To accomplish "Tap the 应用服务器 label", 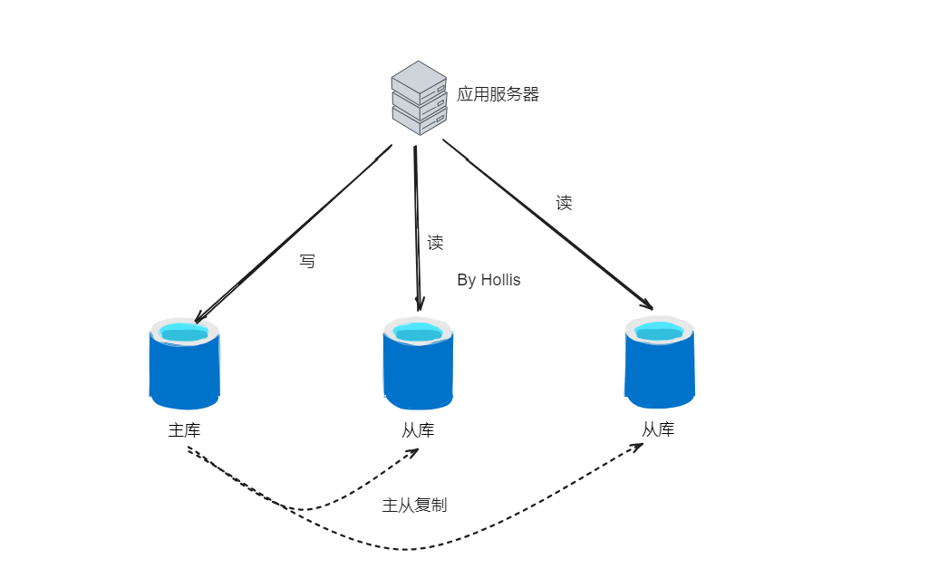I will [498, 94].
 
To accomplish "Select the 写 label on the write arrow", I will [307, 261].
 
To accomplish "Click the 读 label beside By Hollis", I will [435, 242].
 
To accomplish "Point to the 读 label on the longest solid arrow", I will [564, 202].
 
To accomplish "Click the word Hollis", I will [500, 280].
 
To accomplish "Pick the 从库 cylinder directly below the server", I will [418, 364].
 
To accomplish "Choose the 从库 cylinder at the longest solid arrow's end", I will [660, 361].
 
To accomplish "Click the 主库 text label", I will [184, 430].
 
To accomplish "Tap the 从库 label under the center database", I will [418, 430].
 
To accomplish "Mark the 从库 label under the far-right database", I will [658, 429].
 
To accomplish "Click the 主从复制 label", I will [414, 505].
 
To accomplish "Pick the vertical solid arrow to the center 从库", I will [417, 226].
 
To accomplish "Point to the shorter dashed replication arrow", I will [308, 509].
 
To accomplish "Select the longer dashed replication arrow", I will [408, 549].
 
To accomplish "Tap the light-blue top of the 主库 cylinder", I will [185, 332].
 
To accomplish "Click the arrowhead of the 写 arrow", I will [198, 318].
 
